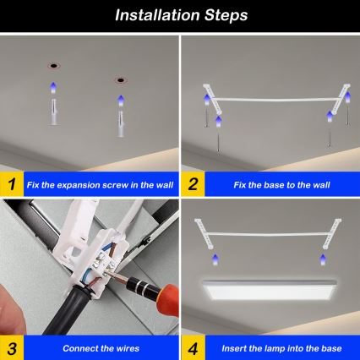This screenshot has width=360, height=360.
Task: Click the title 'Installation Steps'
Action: click(x=180, y=14)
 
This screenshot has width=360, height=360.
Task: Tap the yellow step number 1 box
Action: click(x=12, y=183)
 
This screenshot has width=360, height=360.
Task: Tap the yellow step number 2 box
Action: click(x=194, y=183)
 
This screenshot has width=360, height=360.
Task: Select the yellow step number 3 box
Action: click(x=12, y=347)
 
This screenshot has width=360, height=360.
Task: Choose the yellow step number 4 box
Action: click(x=194, y=347)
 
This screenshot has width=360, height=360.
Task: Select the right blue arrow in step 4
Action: click(x=324, y=254)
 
